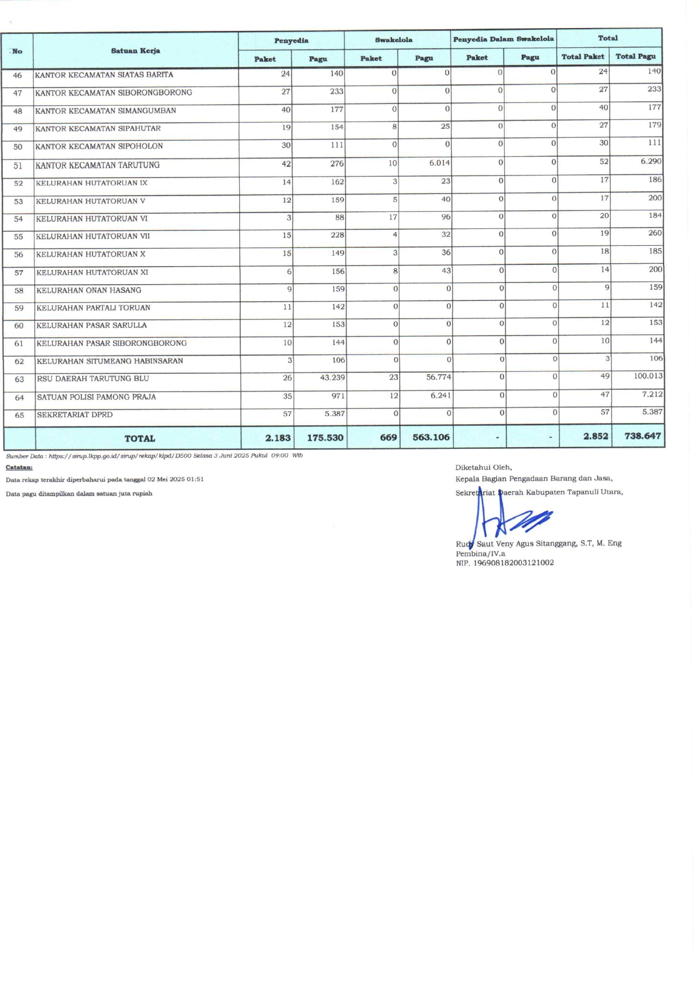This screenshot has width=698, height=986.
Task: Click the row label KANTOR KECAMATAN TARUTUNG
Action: coord(97,165)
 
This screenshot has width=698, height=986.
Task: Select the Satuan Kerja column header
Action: coord(135,51)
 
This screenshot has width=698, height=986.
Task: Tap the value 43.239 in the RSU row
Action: coord(332,377)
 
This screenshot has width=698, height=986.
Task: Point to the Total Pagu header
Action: coord(636,56)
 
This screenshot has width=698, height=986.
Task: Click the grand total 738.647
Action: coord(642,436)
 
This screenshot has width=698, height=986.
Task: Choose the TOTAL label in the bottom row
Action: coord(140,438)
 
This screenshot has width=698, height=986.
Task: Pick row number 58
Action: coord(19,291)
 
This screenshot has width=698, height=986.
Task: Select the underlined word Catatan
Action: coord(19,467)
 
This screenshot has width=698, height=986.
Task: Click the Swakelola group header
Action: coord(393,40)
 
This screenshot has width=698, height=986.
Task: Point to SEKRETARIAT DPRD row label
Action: coord(75,415)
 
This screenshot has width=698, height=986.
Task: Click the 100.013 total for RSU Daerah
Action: coord(648,376)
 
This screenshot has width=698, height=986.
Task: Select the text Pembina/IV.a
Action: coord(480,553)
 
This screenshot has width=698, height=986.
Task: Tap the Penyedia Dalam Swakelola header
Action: coord(503,39)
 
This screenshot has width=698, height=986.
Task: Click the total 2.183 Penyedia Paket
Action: coord(278,438)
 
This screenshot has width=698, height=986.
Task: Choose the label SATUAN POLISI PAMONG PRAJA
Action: coord(96,397)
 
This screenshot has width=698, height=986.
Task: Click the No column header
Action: coord(17,51)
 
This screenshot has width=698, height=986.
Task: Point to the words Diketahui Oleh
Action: coord(484,467)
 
